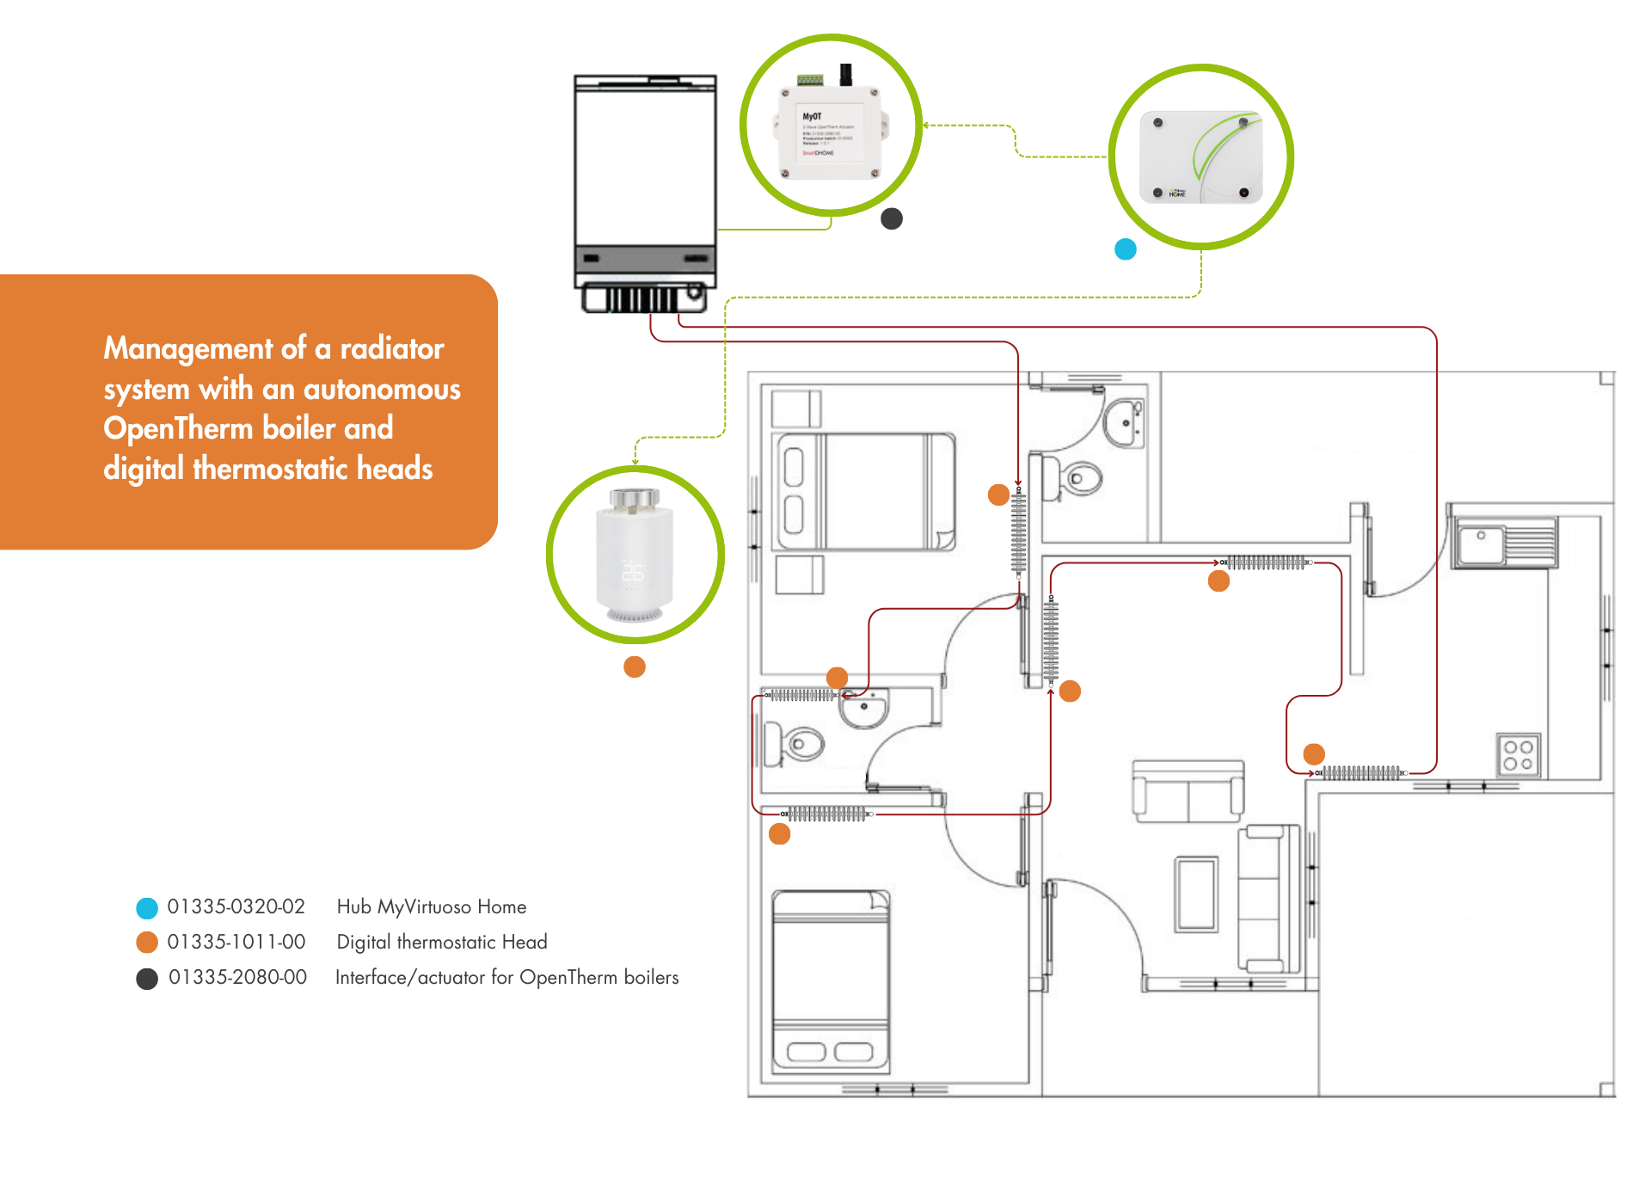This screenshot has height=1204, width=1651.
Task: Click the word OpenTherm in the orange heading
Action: (177, 428)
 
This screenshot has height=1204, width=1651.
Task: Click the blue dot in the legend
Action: (147, 908)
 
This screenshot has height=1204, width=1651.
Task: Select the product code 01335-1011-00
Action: (236, 943)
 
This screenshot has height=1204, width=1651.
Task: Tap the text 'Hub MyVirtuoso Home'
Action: (431, 907)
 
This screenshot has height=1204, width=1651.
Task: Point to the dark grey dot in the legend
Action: (147, 979)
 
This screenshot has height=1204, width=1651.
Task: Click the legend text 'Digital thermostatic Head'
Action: (441, 943)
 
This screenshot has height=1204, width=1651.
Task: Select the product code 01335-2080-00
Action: (237, 978)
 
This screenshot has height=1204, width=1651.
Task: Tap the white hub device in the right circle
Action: (1200, 157)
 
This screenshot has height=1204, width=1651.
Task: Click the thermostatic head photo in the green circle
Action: (635, 556)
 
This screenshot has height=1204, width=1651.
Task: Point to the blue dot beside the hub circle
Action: (1125, 249)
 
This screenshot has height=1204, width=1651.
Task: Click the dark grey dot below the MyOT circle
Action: (892, 219)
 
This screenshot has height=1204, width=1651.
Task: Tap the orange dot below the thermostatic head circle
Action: (635, 666)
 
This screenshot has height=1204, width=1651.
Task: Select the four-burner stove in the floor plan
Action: (1518, 755)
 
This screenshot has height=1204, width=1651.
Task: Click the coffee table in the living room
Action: (1196, 894)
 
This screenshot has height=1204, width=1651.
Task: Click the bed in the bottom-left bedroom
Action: (830, 980)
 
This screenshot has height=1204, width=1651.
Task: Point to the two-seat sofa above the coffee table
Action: (1188, 790)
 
